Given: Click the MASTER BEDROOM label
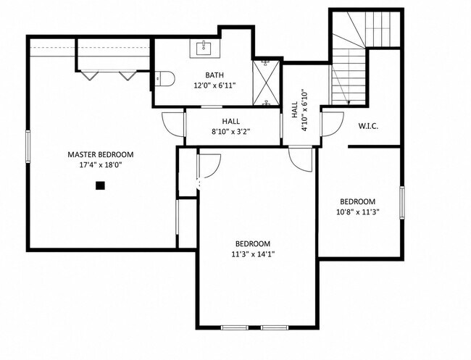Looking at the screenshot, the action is click(x=100, y=154).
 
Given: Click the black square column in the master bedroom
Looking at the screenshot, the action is click(x=100, y=185).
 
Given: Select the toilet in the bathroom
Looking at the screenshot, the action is click(x=164, y=78).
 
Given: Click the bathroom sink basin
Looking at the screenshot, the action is click(x=204, y=49).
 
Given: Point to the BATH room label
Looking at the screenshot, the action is click(x=214, y=75).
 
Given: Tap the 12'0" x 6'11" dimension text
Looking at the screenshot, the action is click(x=214, y=85).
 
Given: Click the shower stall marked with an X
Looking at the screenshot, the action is click(x=266, y=83).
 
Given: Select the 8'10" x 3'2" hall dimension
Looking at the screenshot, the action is click(x=231, y=132).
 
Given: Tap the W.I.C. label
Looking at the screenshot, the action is click(x=368, y=126).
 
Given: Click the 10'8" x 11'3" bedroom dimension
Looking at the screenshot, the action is click(x=358, y=212).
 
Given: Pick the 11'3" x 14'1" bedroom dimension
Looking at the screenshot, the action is click(x=253, y=254).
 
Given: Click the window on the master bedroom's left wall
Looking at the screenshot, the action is click(x=28, y=146).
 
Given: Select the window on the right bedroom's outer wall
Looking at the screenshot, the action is click(x=402, y=202).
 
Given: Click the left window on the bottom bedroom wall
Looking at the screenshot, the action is click(x=235, y=327).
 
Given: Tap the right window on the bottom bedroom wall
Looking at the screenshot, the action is click(x=274, y=327).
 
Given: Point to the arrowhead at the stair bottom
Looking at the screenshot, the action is click(x=349, y=103).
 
